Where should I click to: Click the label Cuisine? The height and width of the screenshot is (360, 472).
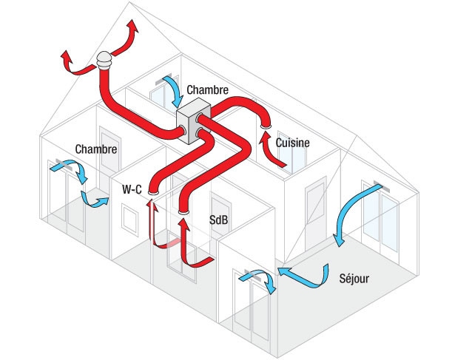(x=292, y=143)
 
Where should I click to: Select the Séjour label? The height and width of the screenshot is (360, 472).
(x=354, y=279)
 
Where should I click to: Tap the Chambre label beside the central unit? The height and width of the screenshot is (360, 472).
(x=207, y=89)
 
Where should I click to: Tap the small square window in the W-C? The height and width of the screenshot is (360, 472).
(x=130, y=218)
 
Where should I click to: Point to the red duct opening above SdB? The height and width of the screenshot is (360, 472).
(x=183, y=213)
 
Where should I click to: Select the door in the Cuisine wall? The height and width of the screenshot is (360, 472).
(x=315, y=211)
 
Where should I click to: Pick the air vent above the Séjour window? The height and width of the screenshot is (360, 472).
(x=379, y=186)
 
